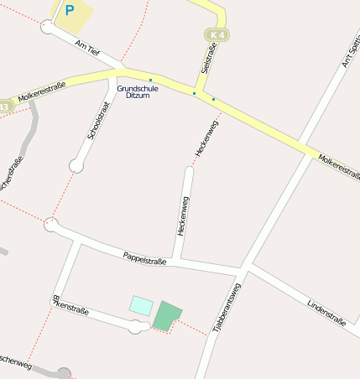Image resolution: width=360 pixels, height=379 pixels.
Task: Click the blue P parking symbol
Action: coord(70,11)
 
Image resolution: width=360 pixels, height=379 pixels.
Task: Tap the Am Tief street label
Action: coord(87,48)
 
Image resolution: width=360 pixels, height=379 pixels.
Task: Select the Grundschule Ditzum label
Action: coord(138,91)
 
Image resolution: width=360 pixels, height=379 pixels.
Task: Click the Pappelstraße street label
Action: coord(144,259)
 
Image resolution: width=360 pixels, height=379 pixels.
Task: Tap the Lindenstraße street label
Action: coord(326,311)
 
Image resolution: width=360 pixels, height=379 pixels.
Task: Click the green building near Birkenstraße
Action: coord(167,315)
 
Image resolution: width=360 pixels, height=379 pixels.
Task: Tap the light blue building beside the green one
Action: coord(141,305)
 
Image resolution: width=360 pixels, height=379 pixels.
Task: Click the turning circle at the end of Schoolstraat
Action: coord(76,166)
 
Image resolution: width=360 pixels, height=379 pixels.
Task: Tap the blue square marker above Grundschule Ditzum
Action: coord(150,80)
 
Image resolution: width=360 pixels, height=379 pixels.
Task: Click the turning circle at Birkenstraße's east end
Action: coord(136,327)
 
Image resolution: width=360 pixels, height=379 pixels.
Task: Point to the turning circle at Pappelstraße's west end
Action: coord(51,224)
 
